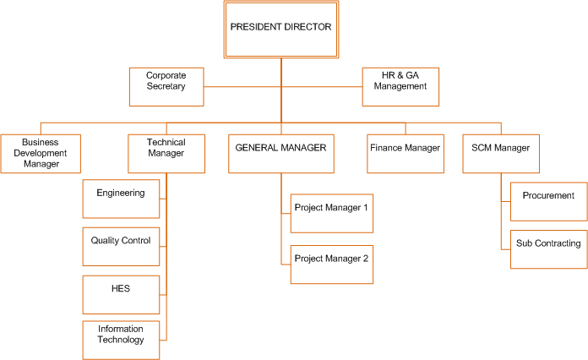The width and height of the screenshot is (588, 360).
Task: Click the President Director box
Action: pyautogui.click(x=281, y=30)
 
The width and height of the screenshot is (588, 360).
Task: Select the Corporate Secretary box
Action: pyautogui.click(x=166, y=87)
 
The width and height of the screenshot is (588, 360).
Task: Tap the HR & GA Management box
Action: pyautogui.click(x=400, y=87)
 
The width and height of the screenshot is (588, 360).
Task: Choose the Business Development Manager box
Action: pyautogui.click(x=41, y=154)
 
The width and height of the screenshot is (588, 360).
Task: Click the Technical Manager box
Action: pyautogui.click(x=166, y=154)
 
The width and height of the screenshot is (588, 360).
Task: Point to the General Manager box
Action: pyautogui.click(x=281, y=154)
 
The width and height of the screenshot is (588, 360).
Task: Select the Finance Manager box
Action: pyautogui.click(x=406, y=154)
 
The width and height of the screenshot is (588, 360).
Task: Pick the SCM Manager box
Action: pyautogui.click(x=501, y=154)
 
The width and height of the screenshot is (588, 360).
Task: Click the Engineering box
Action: pyautogui.click(x=121, y=199)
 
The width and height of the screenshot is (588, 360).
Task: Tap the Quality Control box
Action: pyautogui.click(x=121, y=247)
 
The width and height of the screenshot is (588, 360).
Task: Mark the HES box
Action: pyautogui.click(x=121, y=295)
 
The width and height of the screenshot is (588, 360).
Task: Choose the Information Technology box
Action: pyautogui.click(x=121, y=340)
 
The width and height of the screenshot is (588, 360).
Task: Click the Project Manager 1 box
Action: pyautogui.click(x=332, y=213)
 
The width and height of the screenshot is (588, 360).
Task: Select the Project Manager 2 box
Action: pyautogui.click(x=332, y=265)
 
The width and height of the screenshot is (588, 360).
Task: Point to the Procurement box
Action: pyautogui.click(x=549, y=202)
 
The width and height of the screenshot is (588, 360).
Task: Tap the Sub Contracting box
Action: pyautogui.click(x=549, y=249)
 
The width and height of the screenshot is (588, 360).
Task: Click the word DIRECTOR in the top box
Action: pyautogui.click(x=308, y=27)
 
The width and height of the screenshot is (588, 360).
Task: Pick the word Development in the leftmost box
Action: pyautogui.click(x=40, y=153)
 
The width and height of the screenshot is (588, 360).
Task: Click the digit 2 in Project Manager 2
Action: pyautogui.click(x=366, y=259)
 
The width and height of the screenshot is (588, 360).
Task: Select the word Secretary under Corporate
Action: pyautogui.click(x=166, y=86)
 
